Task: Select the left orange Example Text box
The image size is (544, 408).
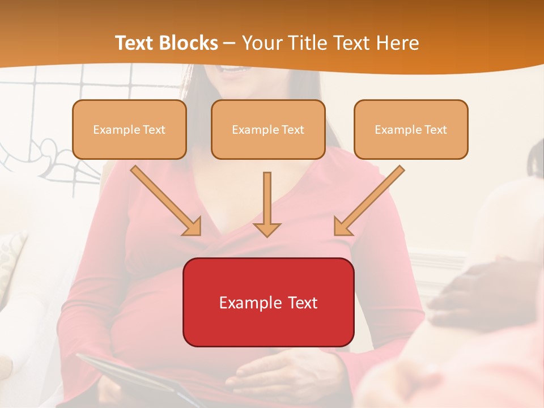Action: point(129,130)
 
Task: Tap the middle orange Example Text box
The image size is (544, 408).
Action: point(268,130)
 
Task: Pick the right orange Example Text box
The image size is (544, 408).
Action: point(411,130)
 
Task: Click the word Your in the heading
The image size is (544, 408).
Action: point(261,43)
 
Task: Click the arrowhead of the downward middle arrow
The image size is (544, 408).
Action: point(267,229)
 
